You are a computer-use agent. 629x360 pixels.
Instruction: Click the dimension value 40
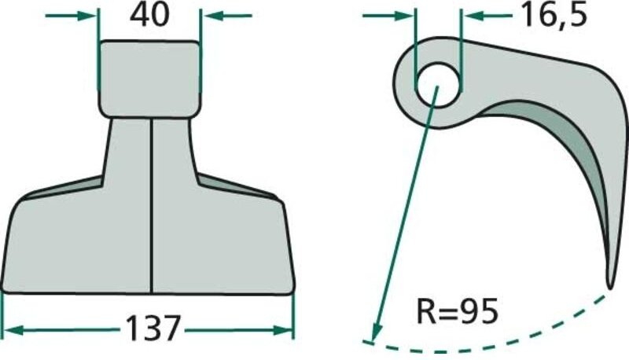click(x=149, y=16)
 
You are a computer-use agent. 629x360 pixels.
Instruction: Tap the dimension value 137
click(x=153, y=326)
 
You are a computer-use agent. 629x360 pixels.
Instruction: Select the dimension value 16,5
click(x=552, y=15)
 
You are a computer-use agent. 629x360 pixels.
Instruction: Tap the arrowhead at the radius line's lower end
click(x=376, y=330)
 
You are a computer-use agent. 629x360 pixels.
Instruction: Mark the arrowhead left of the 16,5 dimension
click(x=406, y=15)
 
